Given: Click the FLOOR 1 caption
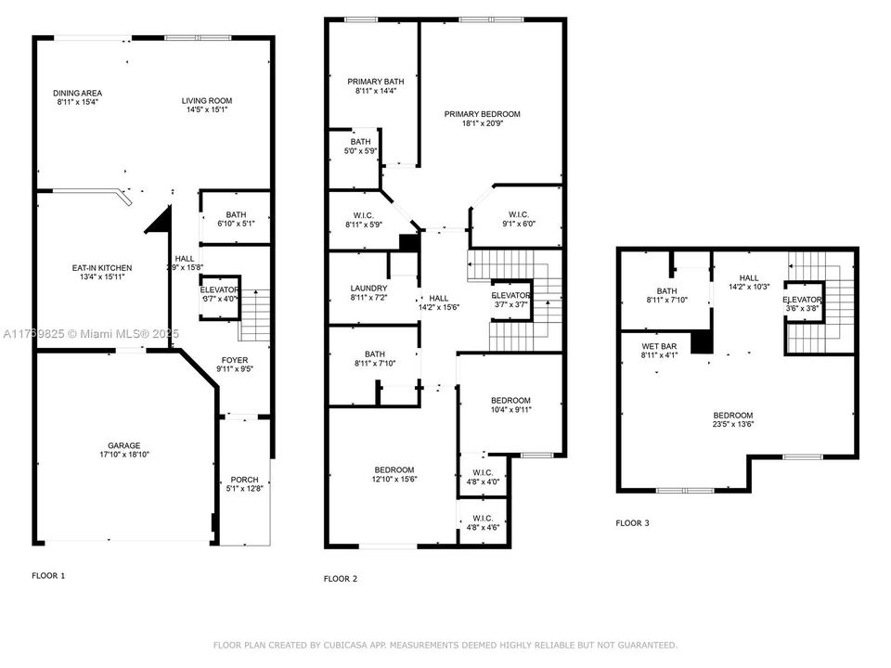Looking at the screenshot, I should (48, 575).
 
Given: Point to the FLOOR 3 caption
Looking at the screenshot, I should (632, 523).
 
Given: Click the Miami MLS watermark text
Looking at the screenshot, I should (95, 332).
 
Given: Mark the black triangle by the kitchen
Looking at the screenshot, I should (161, 222).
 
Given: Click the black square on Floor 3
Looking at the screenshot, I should (703, 342).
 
